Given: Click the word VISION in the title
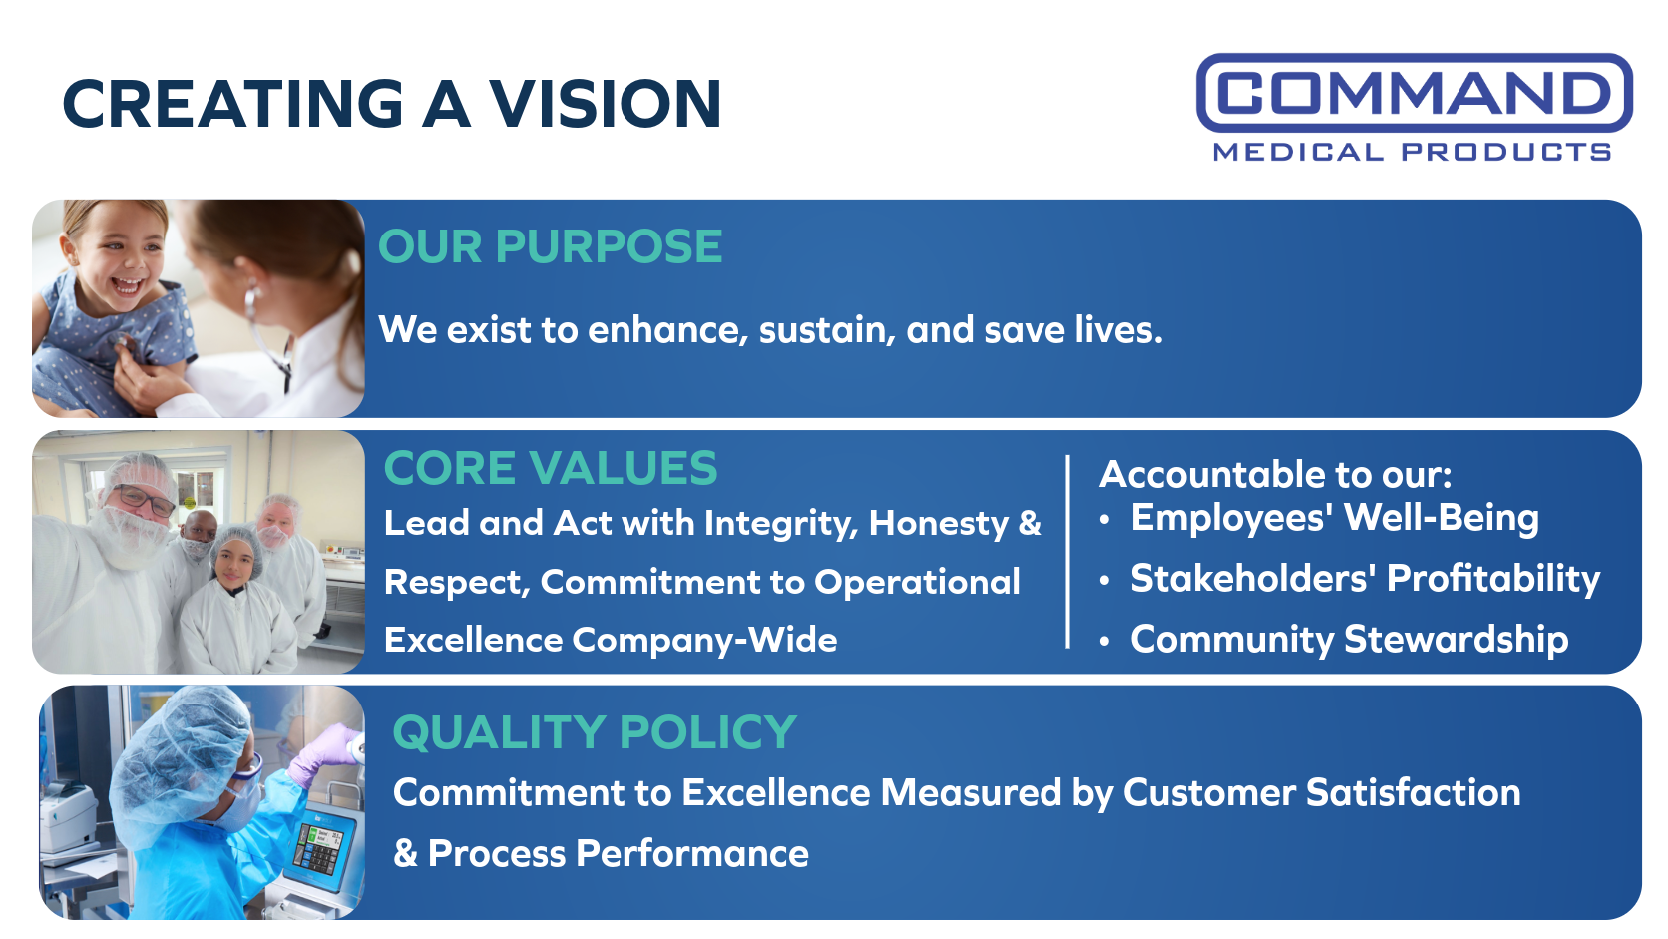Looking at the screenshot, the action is pyautogui.click(x=605, y=104).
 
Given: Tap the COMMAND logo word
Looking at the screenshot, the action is pyautogui.click(x=1414, y=93).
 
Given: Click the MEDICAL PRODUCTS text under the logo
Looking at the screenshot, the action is pyautogui.click(x=1412, y=152).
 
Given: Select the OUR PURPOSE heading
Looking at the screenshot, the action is pyautogui.click(x=551, y=246).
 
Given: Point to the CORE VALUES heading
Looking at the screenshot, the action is pyautogui.click(x=551, y=468).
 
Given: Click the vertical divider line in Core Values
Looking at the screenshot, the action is pyautogui.click(x=1067, y=552).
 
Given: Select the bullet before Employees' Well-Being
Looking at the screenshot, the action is pyautogui.click(x=1105, y=520).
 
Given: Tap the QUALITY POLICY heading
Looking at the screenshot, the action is pyautogui.click(x=595, y=732).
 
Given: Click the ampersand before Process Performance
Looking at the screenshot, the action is pyautogui.click(x=405, y=853).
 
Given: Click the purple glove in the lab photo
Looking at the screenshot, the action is pyautogui.click(x=324, y=752).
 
